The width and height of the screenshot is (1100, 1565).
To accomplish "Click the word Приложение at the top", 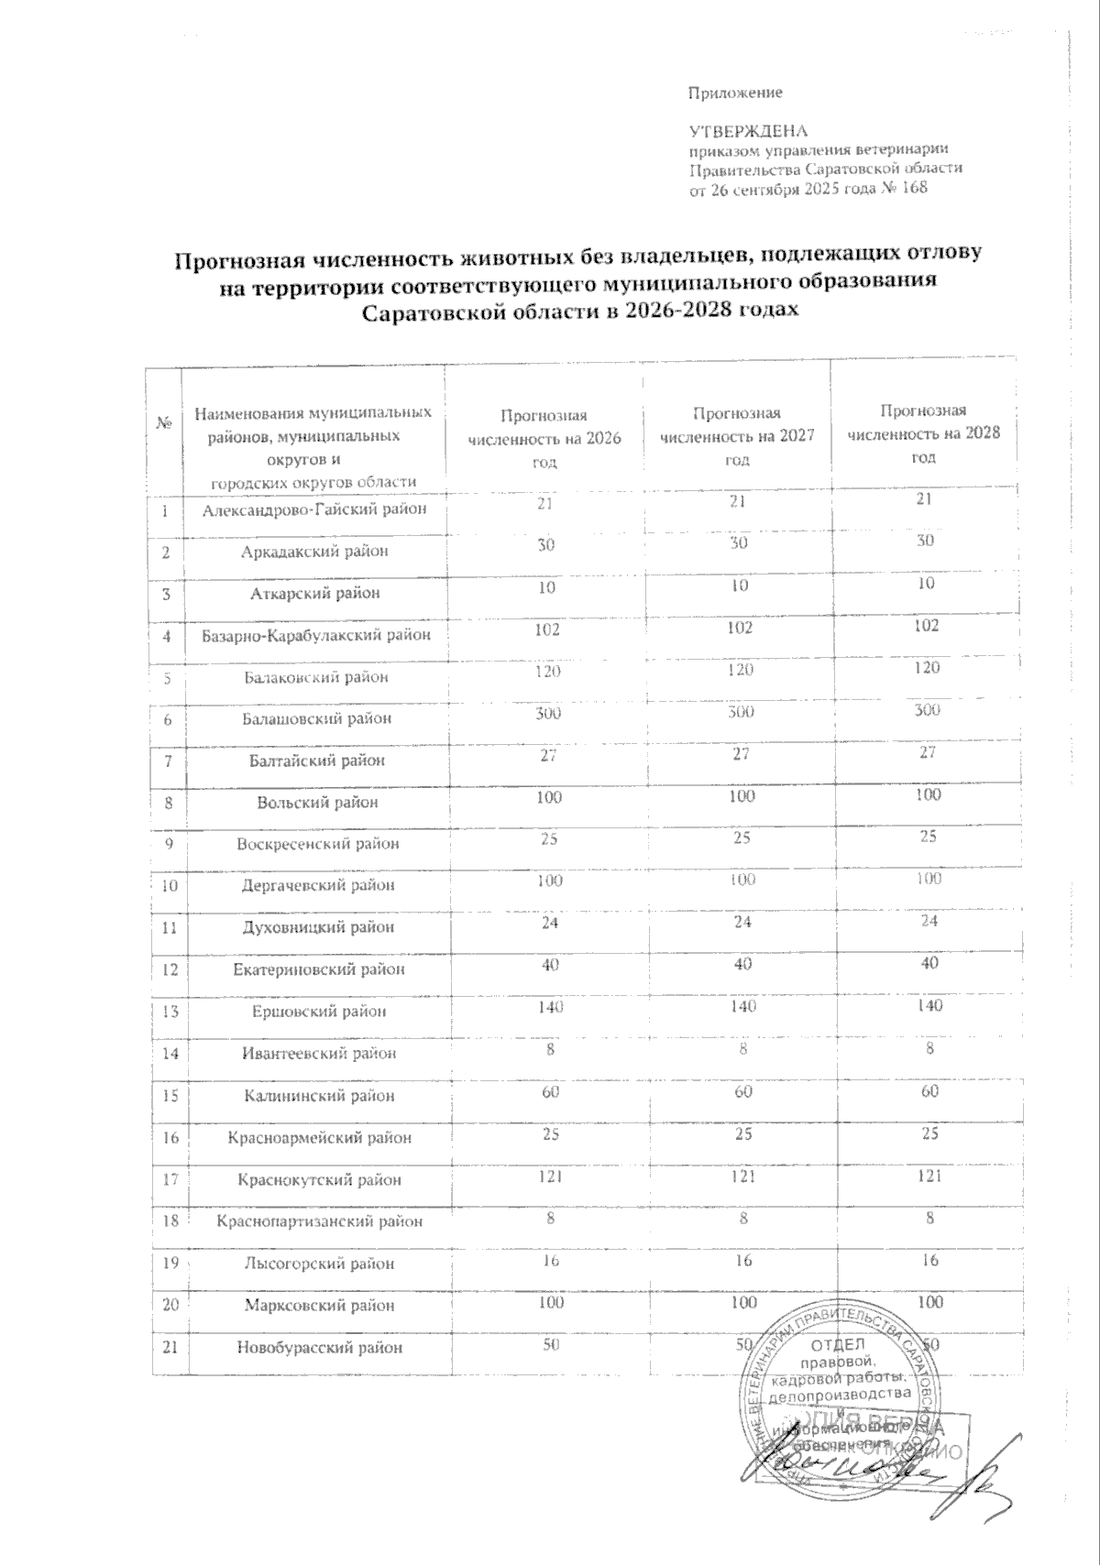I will (734, 93).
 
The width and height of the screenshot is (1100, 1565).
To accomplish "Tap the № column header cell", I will (166, 424).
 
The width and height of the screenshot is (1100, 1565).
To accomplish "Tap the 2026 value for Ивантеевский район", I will (551, 1049).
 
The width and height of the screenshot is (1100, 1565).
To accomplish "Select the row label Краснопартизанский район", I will (320, 1221).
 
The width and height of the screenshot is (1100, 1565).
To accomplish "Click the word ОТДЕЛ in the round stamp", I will (833, 1345).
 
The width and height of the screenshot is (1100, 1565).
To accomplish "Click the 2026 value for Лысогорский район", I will (550, 1260).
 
